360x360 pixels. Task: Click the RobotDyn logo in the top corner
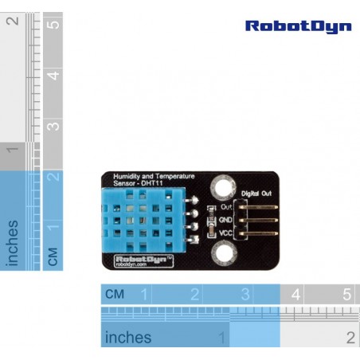click(299, 27)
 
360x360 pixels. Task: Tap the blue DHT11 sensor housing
click(143, 220)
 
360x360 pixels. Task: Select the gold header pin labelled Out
click(258, 207)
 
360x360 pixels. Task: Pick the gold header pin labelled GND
click(258, 220)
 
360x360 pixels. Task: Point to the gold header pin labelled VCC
click(258, 233)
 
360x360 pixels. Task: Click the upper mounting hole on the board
click(223, 187)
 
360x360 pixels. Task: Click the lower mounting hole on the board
click(225, 253)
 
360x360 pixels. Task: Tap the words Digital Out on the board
click(256, 194)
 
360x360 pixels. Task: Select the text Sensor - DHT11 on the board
click(138, 183)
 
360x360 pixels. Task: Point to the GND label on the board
click(225, 220)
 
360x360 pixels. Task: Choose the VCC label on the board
click(225, 233)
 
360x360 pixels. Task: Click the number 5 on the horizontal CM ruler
click(346, 295)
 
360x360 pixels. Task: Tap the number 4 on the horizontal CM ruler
click(296, 295)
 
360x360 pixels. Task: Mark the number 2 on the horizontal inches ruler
click(350, 338)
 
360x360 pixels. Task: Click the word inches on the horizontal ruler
click(128, 337)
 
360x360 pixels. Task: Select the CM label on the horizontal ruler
click(115, 294)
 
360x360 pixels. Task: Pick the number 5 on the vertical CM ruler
click(53, 25)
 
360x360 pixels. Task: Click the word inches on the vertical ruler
click(12, 243)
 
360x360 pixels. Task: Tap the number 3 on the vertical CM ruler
click(53, 127)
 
